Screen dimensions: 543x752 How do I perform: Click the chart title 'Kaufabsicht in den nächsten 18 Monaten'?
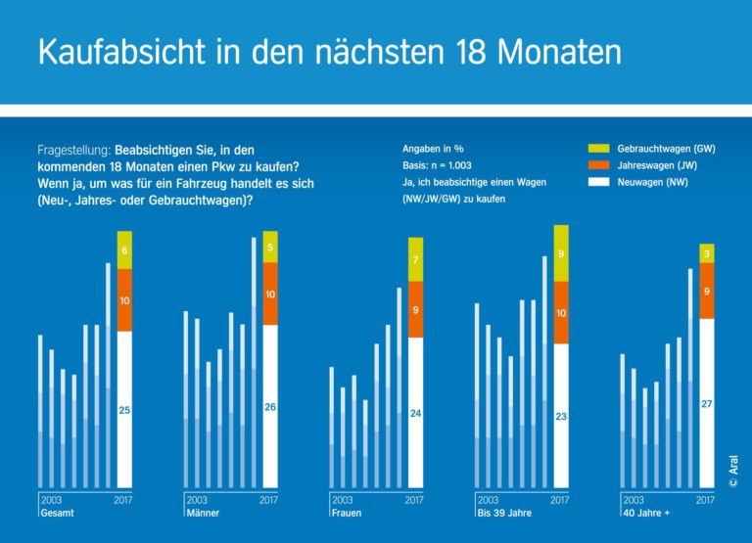(329, 51)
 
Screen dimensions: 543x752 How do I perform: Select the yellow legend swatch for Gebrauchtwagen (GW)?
(598, 148)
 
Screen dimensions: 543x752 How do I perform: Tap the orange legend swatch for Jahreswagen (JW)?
(598, 165)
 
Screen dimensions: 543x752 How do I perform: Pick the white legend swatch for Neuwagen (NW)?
(598, 183)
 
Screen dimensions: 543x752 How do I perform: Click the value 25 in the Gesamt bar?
(124, 411)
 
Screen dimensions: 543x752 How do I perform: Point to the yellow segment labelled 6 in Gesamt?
(124, 250)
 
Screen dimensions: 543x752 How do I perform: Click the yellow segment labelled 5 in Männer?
(270, 248)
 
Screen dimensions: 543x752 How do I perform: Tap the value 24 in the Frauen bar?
(415, 414)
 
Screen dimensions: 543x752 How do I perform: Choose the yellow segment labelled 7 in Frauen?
(415, 260)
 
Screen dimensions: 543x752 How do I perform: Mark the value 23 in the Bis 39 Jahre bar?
(561, 417)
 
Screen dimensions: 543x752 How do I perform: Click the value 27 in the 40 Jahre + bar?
(706, 403)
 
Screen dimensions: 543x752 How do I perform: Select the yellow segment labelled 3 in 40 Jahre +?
(706, 255)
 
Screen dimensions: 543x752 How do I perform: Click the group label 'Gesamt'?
(57, 513)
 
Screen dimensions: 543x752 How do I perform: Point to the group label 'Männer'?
(202, 513)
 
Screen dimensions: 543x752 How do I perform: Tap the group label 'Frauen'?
(347, 513)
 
